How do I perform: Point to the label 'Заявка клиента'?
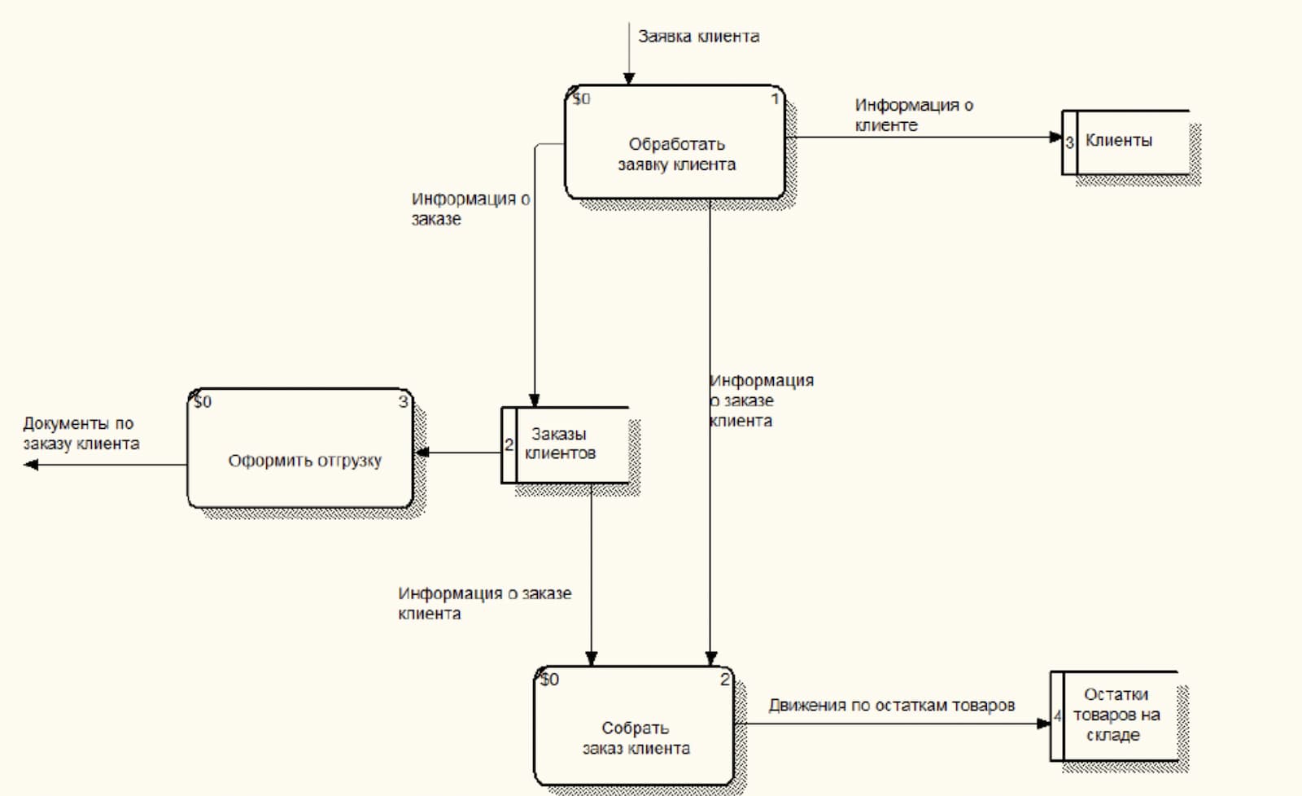pos(698,37)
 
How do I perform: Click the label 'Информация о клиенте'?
pos(913,115)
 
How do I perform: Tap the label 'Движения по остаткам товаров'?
pos(892,705)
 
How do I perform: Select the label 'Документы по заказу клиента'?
pos(81,433)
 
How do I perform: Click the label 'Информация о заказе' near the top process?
pos(470,208)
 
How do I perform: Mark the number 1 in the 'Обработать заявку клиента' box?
pos(775,99)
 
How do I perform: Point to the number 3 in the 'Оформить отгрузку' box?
pos(403,402)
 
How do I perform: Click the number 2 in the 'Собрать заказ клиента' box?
pos(724,680)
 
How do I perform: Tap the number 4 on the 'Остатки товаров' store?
pos(1058,717)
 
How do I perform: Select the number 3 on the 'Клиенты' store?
pos(1069,142)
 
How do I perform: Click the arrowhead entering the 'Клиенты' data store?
pos(1055,137)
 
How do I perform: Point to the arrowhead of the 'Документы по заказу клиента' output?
pos(31,465)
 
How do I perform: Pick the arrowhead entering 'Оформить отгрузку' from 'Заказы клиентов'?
pos(422,453)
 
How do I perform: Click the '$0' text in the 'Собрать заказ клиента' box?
pos(550,680)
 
